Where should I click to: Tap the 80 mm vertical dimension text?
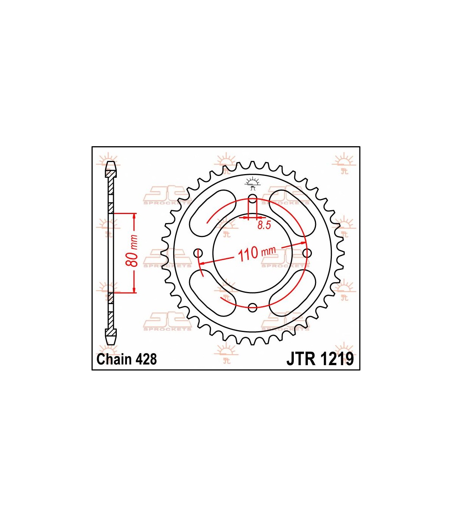tap(133, 251)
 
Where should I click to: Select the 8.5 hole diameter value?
tap(264, 225)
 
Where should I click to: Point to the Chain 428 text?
tap(127, 359)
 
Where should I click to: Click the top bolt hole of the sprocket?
tap(252, 198)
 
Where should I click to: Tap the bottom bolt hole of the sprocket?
tap(252, 307)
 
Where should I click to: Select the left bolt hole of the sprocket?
tap(198, 253)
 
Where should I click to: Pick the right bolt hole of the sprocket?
tap(307, 253)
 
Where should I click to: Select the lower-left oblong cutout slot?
tap(212, 293)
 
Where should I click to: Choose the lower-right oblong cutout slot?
tap(292, 293)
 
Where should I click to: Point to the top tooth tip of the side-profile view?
tap(111, 162)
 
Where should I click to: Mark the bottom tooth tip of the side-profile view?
tap(111, 344)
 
